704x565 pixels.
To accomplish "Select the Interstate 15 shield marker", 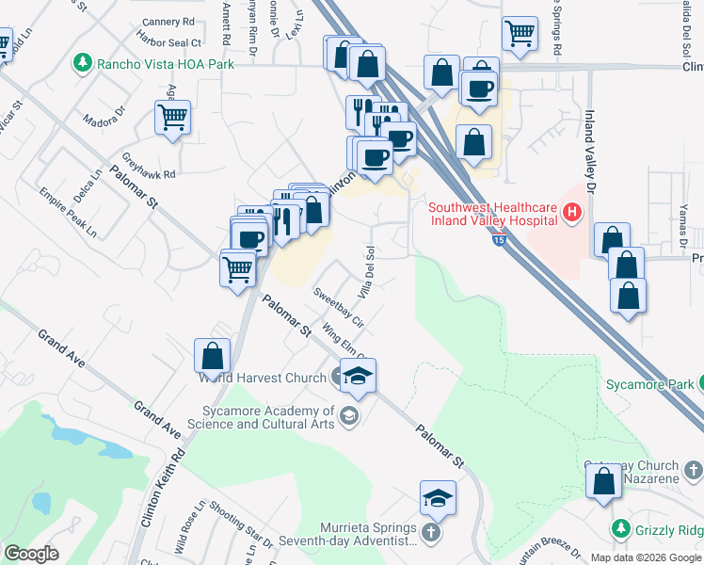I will (x=496, y=241).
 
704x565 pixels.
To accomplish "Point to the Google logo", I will (x=30, y=553).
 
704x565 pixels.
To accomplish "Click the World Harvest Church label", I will (x=264, y=379).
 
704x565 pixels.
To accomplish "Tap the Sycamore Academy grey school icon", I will (x=349, y=416).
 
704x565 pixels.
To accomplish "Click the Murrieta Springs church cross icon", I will (x=431, y=534).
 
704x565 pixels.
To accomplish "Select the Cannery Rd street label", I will (x=168, y=21).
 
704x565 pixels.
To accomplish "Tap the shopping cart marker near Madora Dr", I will (x=172, y=119).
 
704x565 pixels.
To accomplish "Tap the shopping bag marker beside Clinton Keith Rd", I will (x=213, y=356).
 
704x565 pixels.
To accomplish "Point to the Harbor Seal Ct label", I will (x=169, y=42).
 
